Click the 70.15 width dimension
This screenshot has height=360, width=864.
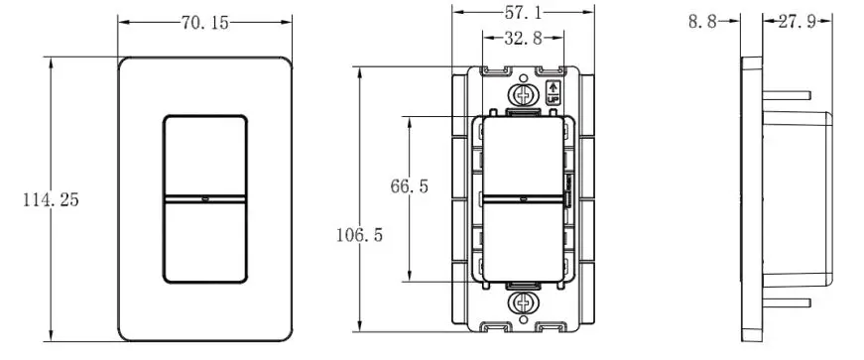(204, 23)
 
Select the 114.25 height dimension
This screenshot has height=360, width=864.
(51, 199)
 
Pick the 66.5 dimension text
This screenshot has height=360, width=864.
(409, 186)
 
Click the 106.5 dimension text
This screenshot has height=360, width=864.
(360, 235)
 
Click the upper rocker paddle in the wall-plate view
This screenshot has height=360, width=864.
(204, 155)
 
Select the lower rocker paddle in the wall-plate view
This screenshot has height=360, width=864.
(204, 244)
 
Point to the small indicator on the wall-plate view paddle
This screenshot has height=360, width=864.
(204, 199)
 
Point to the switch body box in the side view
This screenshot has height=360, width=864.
(803, 198)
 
